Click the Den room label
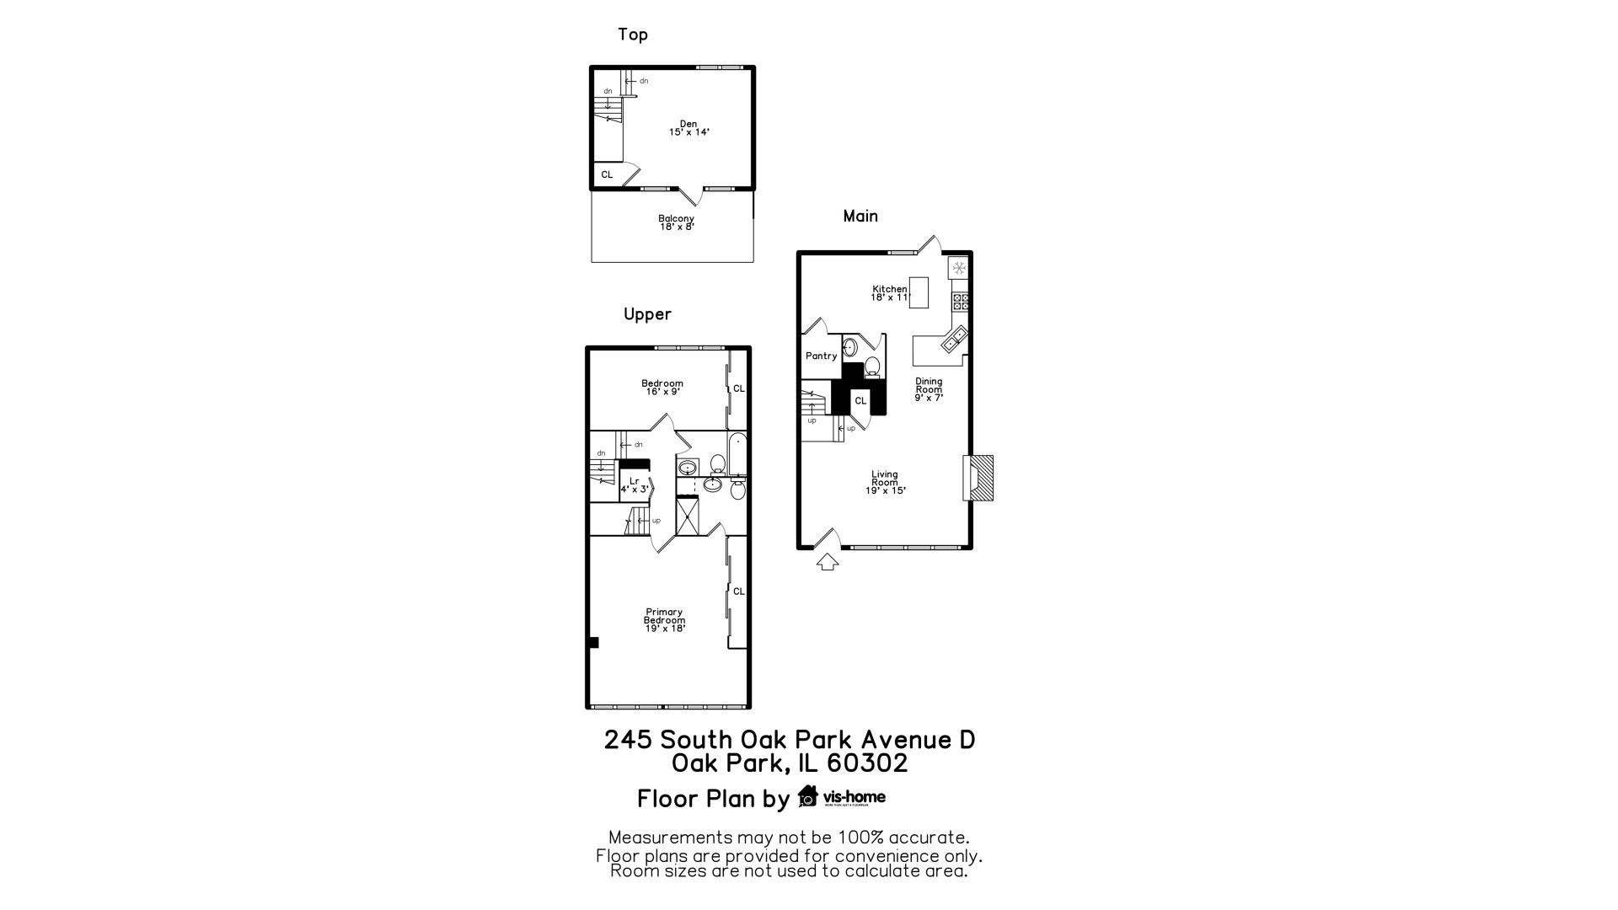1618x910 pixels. click(x=688, y=128)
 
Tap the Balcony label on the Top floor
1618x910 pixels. click(x=676, y=222)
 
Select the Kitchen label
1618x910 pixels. click(x=890, y=293)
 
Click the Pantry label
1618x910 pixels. click(x=821, y=356)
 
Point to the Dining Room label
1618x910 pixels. click(x=929, y=389)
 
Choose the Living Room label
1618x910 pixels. click(x=885, y=482)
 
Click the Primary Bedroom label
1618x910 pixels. click(x=664, y=620)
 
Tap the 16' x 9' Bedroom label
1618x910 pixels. click(x=663, y=388)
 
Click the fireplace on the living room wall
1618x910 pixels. click(x=978, y=478)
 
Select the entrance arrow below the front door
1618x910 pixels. click(x=828, y=561)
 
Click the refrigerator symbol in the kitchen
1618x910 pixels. click(x=959, y=268)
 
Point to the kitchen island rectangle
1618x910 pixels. click(x=919, y=292)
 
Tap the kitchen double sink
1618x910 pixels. click(x=955, y=340)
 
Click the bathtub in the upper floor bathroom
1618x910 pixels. click(x=737, y=455)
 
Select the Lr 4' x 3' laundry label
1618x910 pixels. click(x=634, y=485)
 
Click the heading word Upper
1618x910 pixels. click(x=647, y=314)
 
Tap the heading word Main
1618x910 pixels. click(x=860, y=217)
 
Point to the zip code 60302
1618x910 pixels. click(x=867, y=763)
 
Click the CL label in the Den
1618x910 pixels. click(x=607, y=175)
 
